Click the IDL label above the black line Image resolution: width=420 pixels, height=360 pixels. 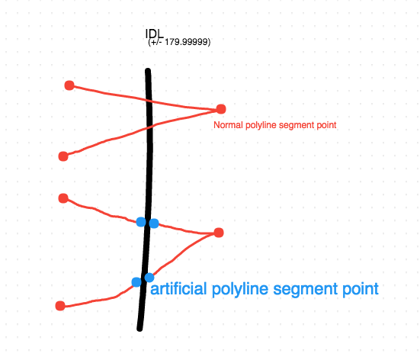154,34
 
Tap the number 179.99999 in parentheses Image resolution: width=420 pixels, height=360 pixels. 187,42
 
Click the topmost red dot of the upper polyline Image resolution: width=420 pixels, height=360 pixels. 69,85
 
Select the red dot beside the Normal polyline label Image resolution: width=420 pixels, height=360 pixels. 221,109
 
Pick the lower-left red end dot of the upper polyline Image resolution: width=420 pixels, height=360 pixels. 63,156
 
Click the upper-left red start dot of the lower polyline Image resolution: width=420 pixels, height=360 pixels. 63,198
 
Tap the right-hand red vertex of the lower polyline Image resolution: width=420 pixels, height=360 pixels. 219,233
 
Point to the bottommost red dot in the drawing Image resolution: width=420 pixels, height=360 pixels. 60,306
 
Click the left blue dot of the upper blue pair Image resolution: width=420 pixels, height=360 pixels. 141,222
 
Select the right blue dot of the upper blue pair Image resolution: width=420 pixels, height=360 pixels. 154,223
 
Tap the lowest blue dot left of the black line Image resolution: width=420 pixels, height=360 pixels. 136,282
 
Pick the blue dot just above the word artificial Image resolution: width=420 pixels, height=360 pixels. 149,278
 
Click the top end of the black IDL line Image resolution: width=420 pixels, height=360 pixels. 148,70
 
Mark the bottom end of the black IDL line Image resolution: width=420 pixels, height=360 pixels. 139,329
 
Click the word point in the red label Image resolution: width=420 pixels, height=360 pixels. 326,125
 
